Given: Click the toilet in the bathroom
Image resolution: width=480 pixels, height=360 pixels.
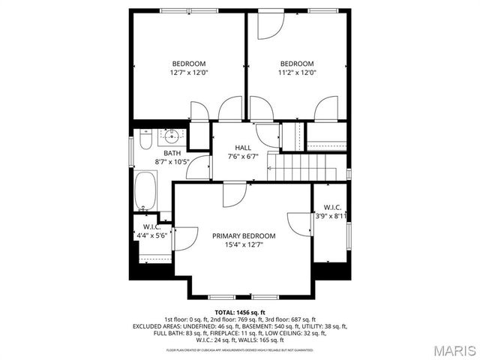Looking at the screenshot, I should pyautogui.click(x=146, y=139).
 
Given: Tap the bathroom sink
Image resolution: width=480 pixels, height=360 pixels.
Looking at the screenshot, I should pyautogui.click(x=172, y=136).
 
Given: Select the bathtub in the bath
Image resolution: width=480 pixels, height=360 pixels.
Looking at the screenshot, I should pyautogui.click(x=146, y=190).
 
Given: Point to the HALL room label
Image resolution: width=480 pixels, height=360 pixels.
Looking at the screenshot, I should pyautogui.click(x=243, y=148).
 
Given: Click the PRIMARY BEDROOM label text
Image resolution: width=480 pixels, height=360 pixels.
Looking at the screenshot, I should pyautogui.click(x=243, y=235).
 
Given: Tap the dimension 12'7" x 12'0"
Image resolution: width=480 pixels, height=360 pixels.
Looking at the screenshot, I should pyautogui.click(x=188, y=73).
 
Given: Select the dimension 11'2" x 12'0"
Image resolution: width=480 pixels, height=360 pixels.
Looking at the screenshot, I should pyautogui.click(x=297, y=73).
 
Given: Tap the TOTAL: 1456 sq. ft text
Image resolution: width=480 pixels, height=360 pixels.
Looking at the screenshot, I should pyautogui.click(x=240, y=312).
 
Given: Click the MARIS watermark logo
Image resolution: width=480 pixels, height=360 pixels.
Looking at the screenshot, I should pyautogui.click(x=448, y=349).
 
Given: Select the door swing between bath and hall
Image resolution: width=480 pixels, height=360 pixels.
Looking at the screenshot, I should pyautogui.click(x=198, y=169).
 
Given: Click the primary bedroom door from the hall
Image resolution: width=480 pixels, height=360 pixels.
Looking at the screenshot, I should pyautogui.click(x=233, y=193).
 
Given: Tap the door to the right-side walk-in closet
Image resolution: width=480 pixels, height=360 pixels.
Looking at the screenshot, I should pyautogui.click(x=301, y=223).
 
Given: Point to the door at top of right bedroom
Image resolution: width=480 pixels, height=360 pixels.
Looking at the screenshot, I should pyautogui.click(x=269, y=25).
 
